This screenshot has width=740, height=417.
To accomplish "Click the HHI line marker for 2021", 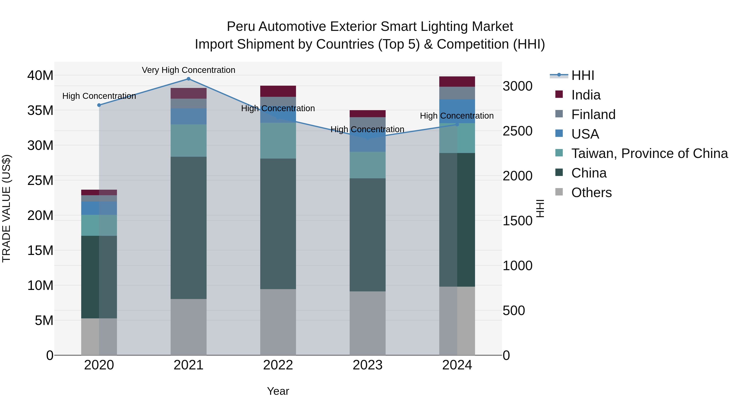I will click(188, 79).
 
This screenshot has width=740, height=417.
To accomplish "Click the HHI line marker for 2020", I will click(99, 105).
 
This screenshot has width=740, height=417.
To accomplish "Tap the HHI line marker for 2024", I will click(457, 125).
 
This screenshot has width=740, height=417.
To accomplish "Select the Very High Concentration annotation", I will click(188, 70).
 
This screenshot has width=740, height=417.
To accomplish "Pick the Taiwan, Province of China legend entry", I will click(649, 153).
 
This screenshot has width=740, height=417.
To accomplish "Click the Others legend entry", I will click(591, 193).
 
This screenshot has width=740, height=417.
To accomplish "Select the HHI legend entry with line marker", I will click(582, 75).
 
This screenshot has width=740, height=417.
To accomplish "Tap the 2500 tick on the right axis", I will click(517, 131).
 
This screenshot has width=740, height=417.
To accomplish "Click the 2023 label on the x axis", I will click(367, 365).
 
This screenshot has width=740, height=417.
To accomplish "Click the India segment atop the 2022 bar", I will click(278, 91).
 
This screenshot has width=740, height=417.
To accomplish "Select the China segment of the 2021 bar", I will click(188, 227).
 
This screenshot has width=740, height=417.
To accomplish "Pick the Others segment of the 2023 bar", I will click(367, 323).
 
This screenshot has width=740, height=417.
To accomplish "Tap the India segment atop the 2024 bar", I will click(457, 81).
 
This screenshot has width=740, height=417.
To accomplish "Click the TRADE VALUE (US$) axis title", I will click(7, 208).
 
